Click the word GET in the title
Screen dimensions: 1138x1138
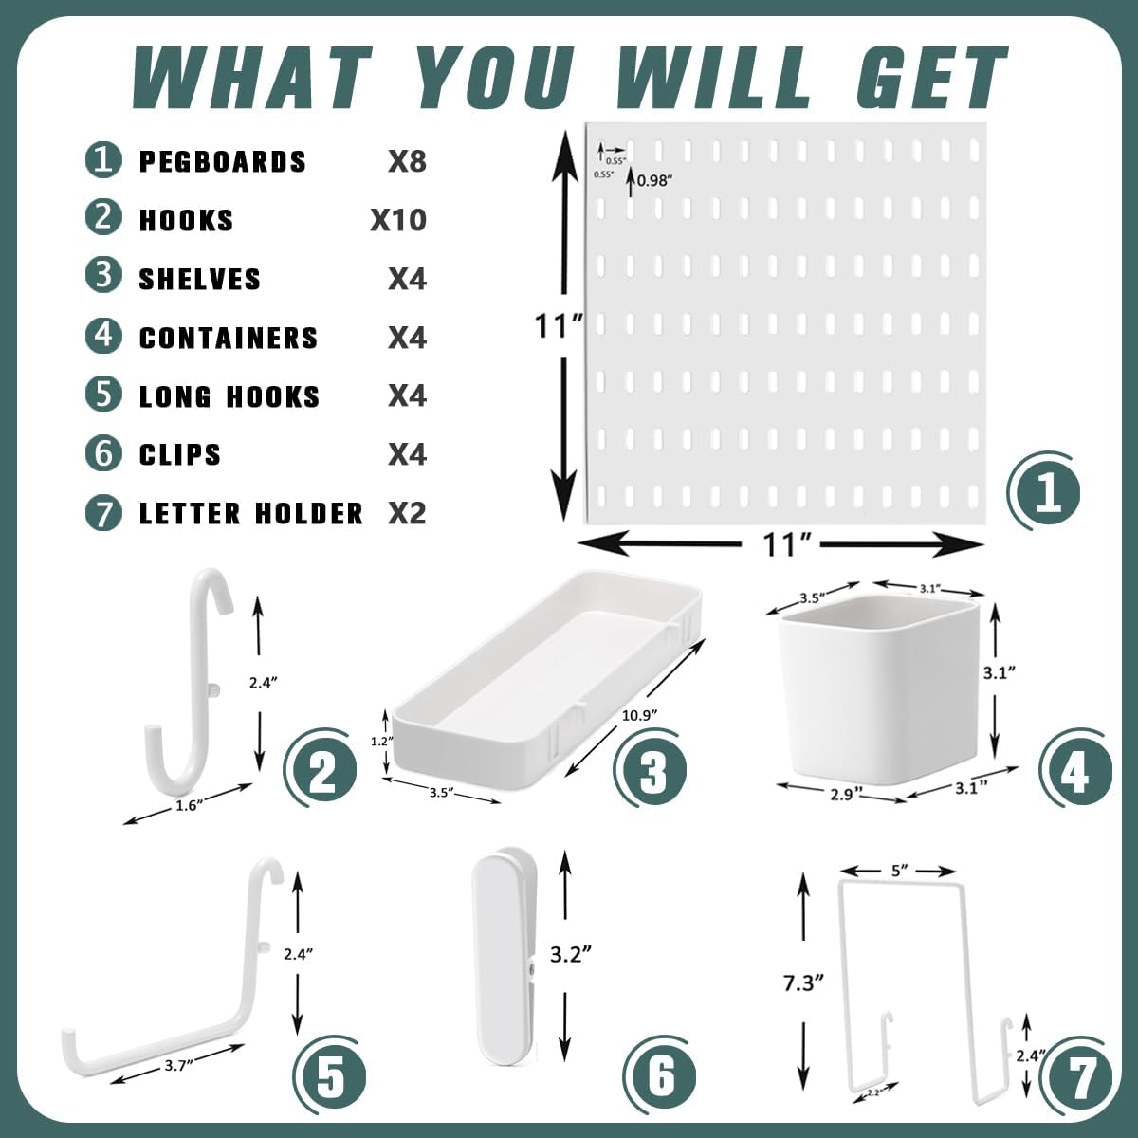[930, 78]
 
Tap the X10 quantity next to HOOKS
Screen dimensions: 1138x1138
[397, 220]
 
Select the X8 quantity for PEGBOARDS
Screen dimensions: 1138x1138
[407, 161]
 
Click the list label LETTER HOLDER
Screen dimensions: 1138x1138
[251, 514]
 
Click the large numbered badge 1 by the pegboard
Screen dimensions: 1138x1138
[1047, 493]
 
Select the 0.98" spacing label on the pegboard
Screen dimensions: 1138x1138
[653, 180]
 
